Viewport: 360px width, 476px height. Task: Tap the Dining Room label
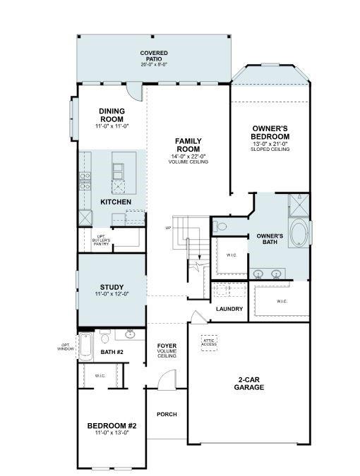click(x=111, y=115)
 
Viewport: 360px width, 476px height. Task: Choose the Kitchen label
click(x=116, y=202)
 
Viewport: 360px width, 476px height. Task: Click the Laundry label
click(x=229, y=309)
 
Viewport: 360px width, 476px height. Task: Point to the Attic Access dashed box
click(x=210, y=342)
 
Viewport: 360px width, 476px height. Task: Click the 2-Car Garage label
click(x=249, y=383)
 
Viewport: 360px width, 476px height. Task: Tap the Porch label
click(x=167, y=414)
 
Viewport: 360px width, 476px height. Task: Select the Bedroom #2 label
click(x=112, y=425)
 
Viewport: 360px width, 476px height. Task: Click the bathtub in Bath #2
click(x=85, y=346)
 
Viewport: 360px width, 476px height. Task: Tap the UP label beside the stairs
click(x=168, y=228)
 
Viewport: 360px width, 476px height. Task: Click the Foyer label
click(x=167, y=345)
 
